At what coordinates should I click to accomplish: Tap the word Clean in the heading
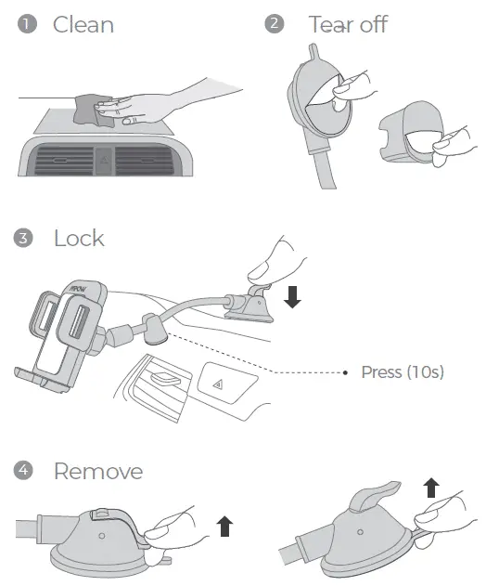[83, 24]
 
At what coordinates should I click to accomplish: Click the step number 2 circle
[274, 24]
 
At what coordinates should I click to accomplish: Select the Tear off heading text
[348, 24]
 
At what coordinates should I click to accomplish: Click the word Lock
[79, 239]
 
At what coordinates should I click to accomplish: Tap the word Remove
[97, 472]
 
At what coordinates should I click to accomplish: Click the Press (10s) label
[403, 372]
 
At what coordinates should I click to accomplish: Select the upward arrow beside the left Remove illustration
[224, 527]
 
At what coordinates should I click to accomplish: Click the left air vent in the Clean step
[60, 162]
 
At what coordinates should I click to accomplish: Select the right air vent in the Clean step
[148, 162]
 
